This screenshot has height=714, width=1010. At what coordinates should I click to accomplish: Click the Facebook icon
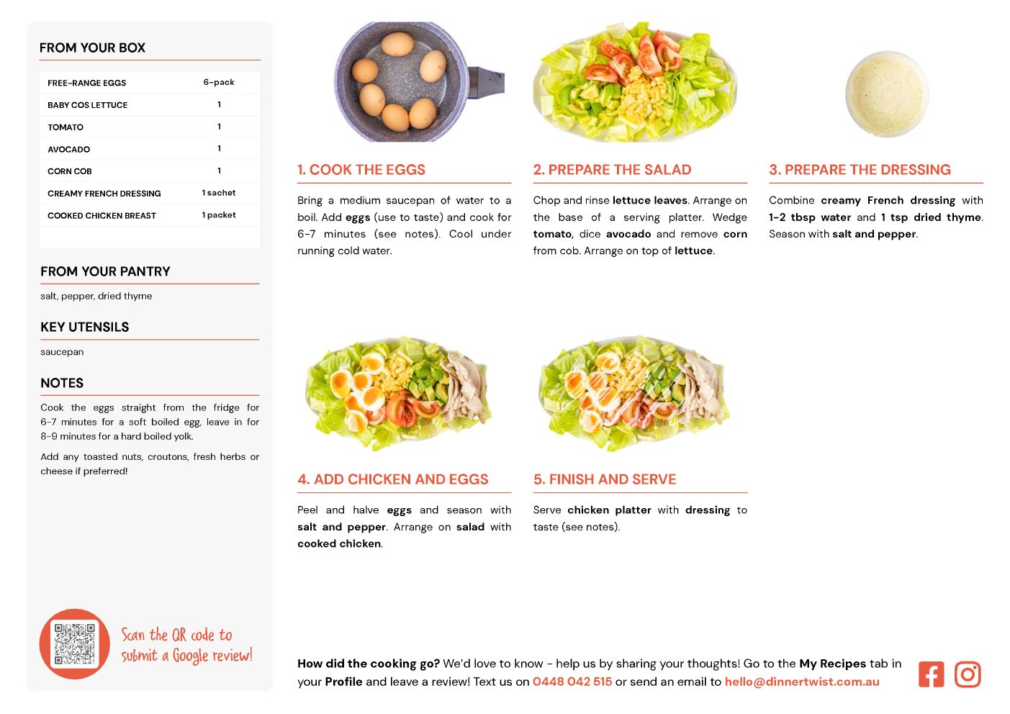tap(931, 674)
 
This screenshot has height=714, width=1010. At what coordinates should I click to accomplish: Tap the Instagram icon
tap(968, 674)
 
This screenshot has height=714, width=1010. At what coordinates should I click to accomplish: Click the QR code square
tap(74, 643)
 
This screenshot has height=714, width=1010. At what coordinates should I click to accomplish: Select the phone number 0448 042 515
tap(572, 682)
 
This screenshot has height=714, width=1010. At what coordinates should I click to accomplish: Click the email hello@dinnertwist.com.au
tap(802, 682)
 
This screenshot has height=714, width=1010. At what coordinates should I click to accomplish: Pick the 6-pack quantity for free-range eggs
tap(219, 82)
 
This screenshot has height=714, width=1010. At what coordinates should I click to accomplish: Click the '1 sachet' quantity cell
tap(219, 193)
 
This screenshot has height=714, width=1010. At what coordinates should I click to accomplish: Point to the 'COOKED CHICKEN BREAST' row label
tap(102, 215)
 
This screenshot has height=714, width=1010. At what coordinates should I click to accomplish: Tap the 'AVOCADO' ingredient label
tap(69, 149)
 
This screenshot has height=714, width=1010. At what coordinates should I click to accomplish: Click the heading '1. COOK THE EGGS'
tap(361, 169)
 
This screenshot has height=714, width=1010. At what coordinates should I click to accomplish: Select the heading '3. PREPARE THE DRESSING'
tap(860, 169)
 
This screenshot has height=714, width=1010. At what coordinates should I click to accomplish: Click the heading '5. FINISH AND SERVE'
tap(605, 479)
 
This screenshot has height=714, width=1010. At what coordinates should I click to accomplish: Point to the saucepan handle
tap(486, 82)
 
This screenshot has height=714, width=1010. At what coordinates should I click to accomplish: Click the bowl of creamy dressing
tap(886, 94)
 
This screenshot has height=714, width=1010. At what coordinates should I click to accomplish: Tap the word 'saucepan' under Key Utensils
tap(62, 352)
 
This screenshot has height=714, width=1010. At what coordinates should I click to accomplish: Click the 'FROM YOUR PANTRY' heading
tap(105, 271)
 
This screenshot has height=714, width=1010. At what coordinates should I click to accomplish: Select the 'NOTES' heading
tap(62, 383)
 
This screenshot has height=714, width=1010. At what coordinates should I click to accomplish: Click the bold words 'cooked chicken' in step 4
tap(339, 543)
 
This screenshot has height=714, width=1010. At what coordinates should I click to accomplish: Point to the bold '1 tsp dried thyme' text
tap(931, 217)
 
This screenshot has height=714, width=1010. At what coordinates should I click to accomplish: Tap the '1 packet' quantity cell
tap(219, 215)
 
